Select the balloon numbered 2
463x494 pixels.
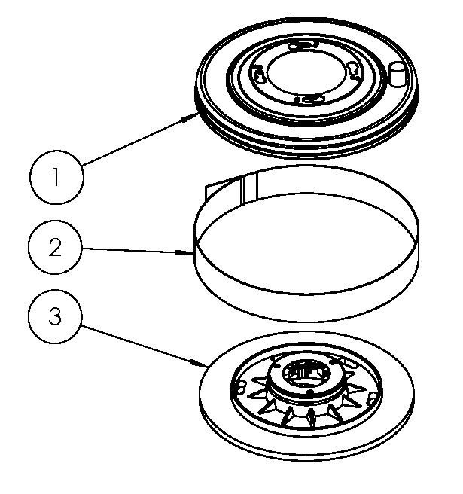pos(54,248)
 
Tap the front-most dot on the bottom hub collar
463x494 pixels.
pos(309,392)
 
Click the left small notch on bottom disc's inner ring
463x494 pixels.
pos(242,387)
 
